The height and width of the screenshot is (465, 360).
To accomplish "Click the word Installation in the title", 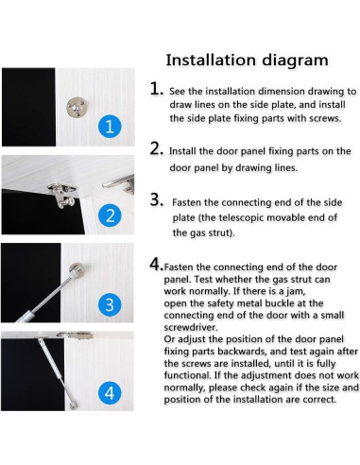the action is click(211, 60).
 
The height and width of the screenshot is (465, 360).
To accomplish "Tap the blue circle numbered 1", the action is click(110, 127).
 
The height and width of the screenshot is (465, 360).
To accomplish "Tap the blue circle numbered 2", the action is click(110, 215).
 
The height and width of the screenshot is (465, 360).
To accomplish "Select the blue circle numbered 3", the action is click(110, 304).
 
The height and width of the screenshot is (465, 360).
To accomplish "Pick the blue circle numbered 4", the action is click(110, 393).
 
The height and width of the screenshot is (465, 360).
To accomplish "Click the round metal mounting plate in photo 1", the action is click(77, 107).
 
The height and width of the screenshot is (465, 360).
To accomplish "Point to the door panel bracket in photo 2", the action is click(62, 194).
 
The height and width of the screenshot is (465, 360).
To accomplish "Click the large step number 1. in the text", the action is click(157, 88).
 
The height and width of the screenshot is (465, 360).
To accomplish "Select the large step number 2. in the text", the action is click(157, 148).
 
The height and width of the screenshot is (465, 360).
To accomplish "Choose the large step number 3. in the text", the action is click(157, 199).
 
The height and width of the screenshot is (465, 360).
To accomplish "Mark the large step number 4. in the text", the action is click(157, 264).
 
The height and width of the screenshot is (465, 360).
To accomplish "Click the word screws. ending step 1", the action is click(325, 118).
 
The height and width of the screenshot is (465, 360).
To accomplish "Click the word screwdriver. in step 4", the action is click(191, 327).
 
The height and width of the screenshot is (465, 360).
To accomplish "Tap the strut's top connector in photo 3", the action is click(77, 271).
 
